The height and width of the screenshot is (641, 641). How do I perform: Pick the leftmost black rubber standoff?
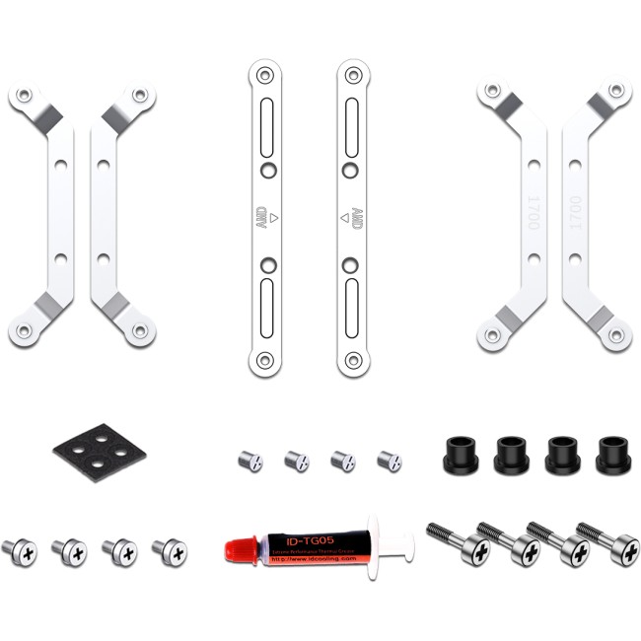[x=459, y=454]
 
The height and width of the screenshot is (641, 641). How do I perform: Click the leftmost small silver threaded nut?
[x=250, y=461]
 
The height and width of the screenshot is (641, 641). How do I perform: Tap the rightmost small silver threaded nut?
[x=390, y=461]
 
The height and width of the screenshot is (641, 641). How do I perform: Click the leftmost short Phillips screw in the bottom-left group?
[x=19, y=551]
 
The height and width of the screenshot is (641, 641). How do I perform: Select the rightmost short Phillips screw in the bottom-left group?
[x=171, y=551]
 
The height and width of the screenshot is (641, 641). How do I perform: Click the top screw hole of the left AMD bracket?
[x=263, y=75]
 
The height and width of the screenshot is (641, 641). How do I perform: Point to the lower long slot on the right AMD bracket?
[x=352, y=308]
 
